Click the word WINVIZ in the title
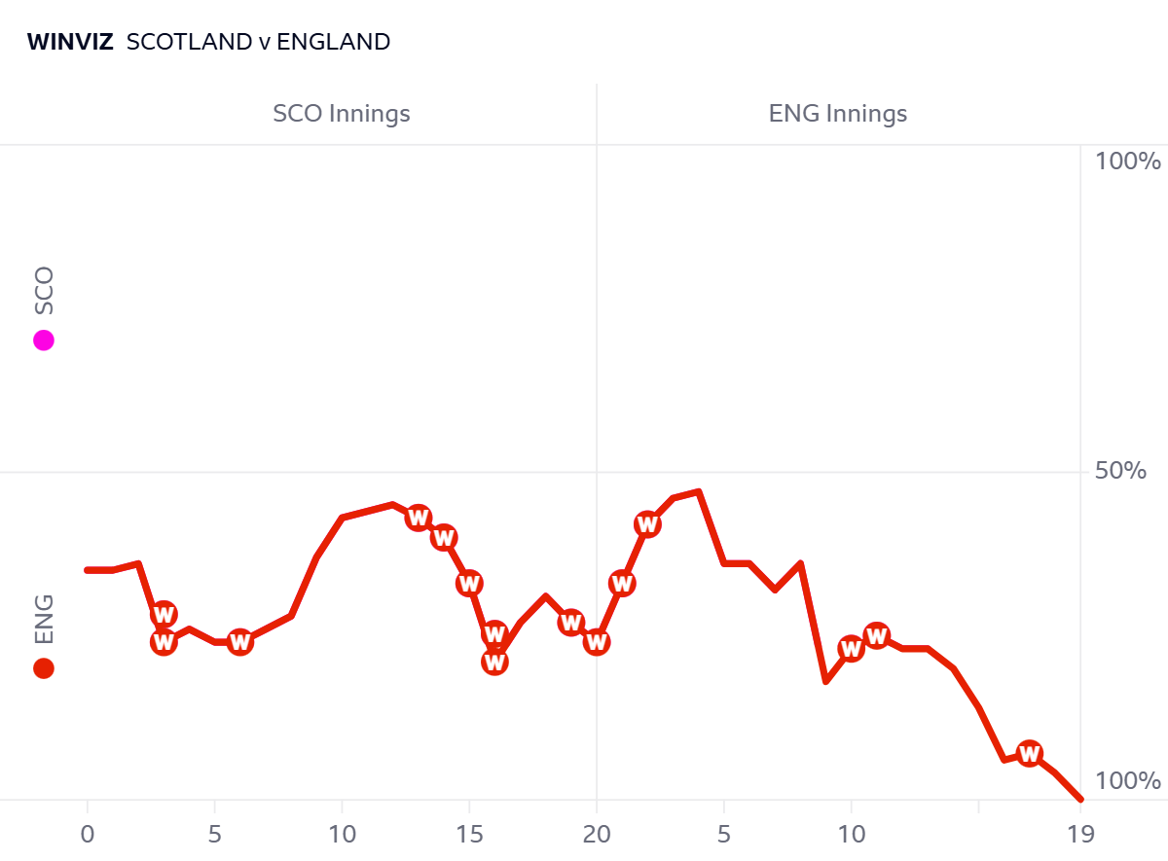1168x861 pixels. point(70,42)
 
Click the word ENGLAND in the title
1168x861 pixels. point(334,42)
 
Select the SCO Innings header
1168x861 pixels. point(342,114)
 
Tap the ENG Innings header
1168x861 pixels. point(838,114)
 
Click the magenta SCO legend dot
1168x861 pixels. point(43,341)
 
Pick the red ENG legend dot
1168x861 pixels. point(43,668)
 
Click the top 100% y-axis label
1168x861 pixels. point(1128,161)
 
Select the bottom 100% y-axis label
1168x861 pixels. point(1128,782)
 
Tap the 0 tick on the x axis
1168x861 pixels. point(88,834)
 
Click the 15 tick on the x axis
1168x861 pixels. point(469,834)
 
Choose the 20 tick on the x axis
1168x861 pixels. point(597,834)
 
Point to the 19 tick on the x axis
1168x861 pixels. point(1080,834)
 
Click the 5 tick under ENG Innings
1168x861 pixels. point(724,834)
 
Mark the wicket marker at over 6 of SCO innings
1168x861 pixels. point(239,641)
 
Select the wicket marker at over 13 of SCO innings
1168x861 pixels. point(419,518)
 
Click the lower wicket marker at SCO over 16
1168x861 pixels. point(494,662)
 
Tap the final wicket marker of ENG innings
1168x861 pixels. point(1030,753)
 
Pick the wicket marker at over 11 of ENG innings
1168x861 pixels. point(877,636)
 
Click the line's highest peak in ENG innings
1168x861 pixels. point(699,491)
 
